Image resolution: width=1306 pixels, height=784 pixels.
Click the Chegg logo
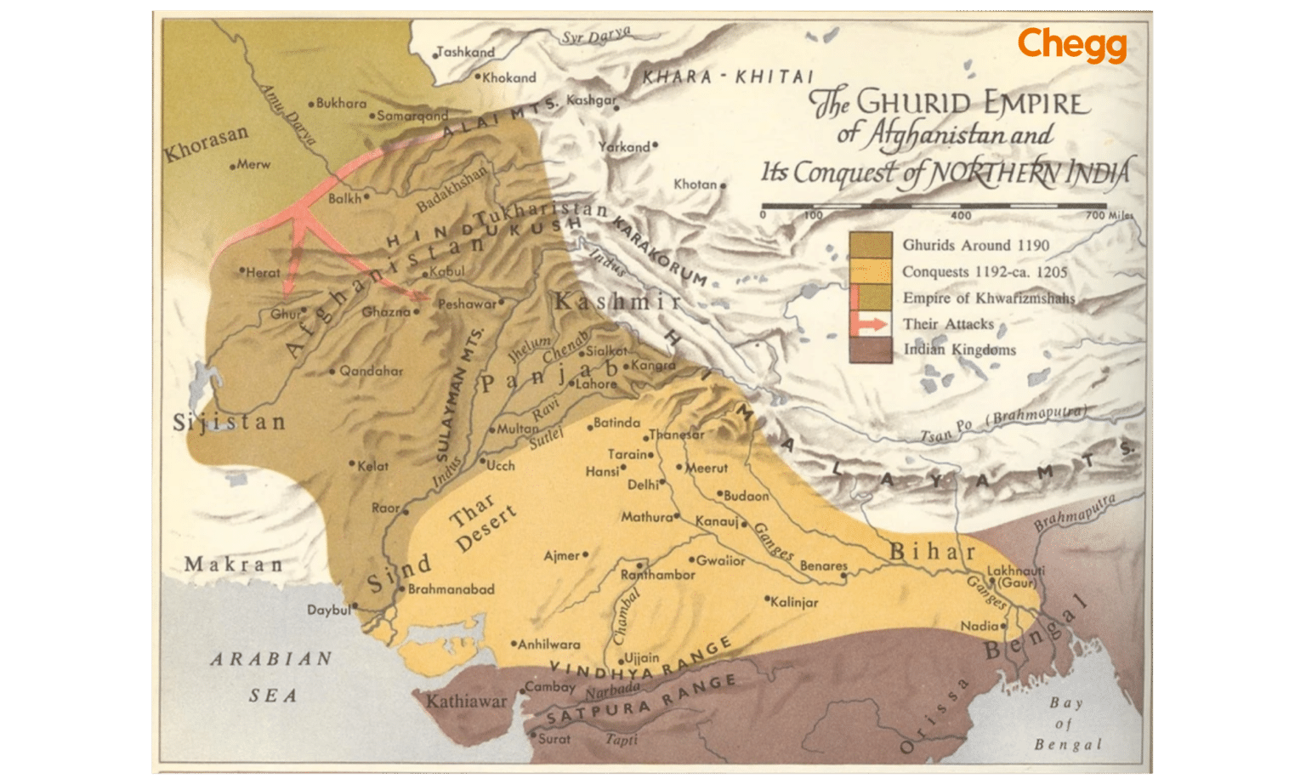coord(1071,45)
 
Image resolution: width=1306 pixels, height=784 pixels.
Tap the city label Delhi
coord(644,485)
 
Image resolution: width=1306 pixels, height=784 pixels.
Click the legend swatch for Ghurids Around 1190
coord(870,245)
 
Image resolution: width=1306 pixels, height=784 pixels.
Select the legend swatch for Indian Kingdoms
coord(870,349)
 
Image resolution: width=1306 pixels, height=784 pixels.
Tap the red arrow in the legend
coord(872,324)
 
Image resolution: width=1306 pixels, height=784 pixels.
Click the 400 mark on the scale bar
coord(961,216)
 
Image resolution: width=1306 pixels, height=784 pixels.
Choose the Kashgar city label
coord(591,100)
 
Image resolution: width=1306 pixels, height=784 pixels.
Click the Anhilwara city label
coord(549,645)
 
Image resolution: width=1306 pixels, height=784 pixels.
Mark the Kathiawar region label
coord(465,702)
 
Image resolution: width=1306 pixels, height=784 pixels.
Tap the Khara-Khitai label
coord(727,77)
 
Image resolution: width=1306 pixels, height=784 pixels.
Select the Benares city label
coord(823,566)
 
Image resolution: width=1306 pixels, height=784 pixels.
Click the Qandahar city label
coord(371,371)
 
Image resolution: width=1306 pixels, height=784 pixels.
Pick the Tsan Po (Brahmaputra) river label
coord(1003,423)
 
